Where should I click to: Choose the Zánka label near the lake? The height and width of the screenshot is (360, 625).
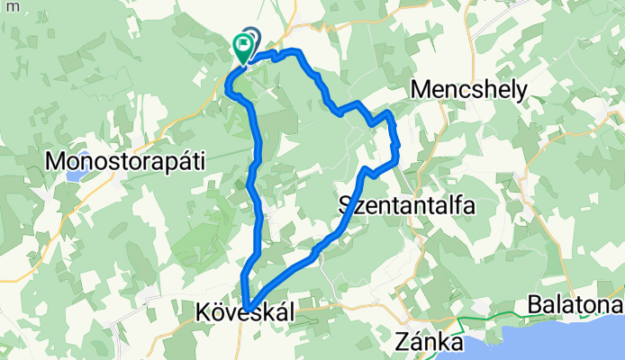pyautogui.click(x=430, y=344)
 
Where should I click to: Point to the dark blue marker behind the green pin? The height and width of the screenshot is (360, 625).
pyautogui.click(x=252, y=38)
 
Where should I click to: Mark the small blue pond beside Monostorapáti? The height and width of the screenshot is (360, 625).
pyautogui.click(x=69, y=175)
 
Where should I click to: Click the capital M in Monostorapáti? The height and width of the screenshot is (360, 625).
pyautogui.click(x=56, y=161)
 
